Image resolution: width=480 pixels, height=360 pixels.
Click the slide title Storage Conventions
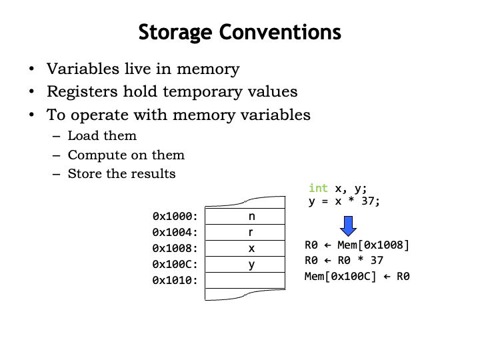[x=239, y=31]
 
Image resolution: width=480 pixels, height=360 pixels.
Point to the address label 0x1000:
[x=175, y=217]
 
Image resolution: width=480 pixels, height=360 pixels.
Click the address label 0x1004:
[x=175, y=233]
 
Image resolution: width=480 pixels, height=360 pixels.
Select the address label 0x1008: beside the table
[x=175, y=249]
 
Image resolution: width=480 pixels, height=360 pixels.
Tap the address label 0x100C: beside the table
[x=175, y=265]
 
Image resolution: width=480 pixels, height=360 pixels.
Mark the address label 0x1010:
[x=175, y=281]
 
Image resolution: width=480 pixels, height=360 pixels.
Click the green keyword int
[x=318, y=189]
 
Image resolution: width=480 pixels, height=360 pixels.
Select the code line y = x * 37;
[x=344, y=201]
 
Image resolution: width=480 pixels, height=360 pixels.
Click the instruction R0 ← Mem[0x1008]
[x=357, y=245]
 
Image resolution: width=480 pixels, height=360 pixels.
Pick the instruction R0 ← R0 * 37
[x=343, y=261]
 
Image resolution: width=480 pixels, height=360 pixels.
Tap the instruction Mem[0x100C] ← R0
[x=357, y=276]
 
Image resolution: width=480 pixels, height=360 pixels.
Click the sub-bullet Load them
[x=102, y=136]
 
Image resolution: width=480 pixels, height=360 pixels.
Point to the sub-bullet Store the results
[x=121, y=174]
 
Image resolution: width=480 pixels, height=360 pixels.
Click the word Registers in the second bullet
[x=78, y=92]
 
